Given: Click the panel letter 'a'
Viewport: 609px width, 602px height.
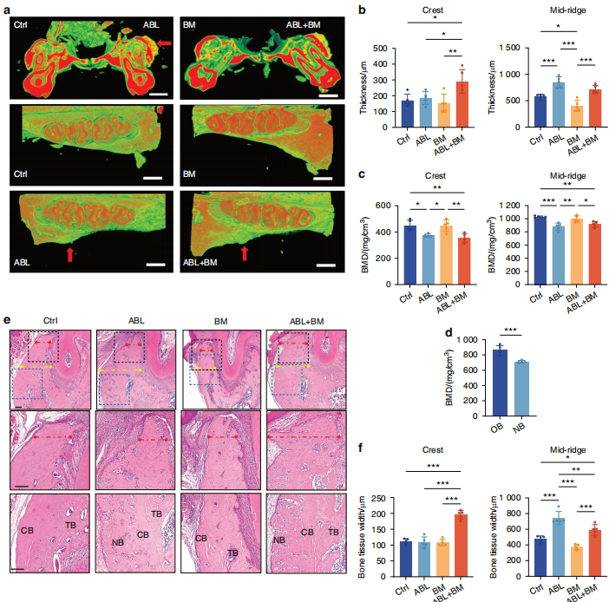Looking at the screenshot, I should click(7, 8).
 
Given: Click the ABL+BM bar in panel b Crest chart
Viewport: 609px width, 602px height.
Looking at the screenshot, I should click(462, 106).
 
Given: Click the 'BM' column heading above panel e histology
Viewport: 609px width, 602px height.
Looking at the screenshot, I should click(219, 319).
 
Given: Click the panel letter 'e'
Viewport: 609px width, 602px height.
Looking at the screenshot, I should click(7, 319).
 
